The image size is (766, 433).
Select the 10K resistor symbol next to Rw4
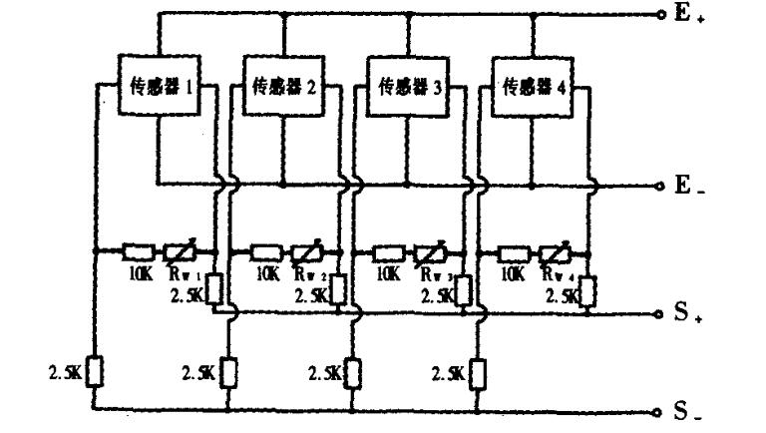(x=512, y=251)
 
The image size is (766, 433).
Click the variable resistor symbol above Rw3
(x=427, y=251)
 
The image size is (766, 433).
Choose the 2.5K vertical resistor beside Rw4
(x=588, y=291)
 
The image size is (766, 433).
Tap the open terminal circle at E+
(x=661, y=15)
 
